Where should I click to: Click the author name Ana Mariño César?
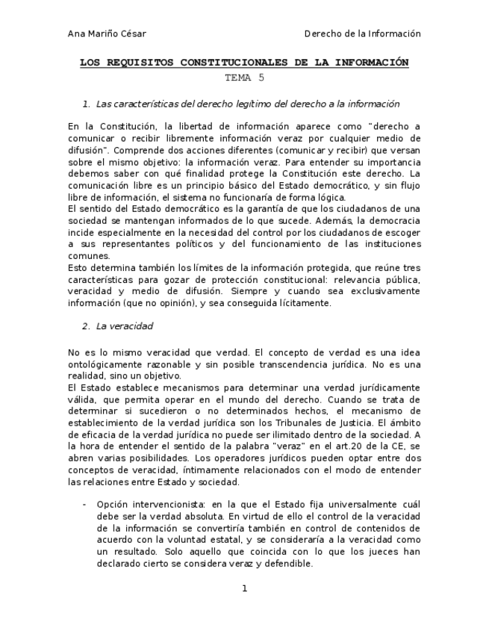point(107,34)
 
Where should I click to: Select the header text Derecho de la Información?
point(363,34)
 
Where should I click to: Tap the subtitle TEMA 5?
point(244,77)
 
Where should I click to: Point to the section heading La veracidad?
point(125,326)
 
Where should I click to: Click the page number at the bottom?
point(244,589)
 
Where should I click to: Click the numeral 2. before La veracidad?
point(86,326)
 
